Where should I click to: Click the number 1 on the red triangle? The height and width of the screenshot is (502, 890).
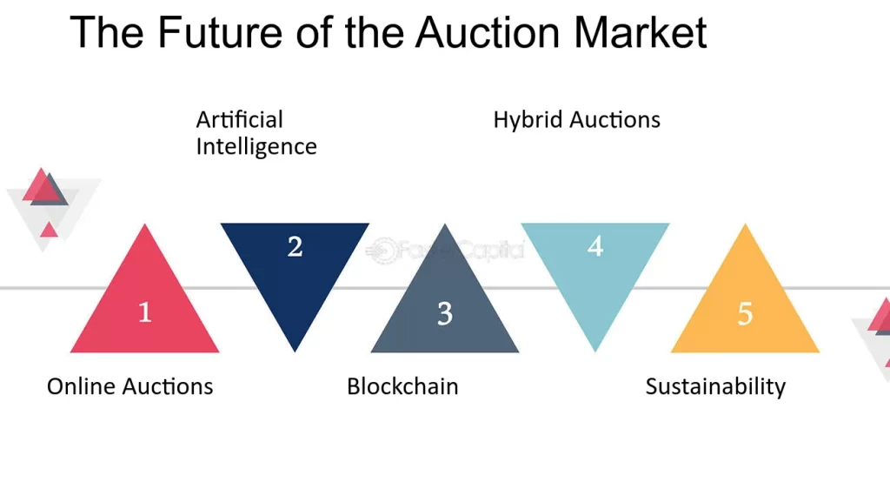click(145, 312)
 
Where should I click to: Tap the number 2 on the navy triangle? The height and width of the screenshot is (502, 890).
click(296, 246)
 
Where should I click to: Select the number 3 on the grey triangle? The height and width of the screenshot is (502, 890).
click(445, 313)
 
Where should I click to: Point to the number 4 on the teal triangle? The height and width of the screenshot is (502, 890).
click(594, 246)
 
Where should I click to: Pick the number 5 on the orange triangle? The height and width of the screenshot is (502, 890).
click(745, 313)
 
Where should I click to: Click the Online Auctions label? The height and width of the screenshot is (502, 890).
click(130, 386)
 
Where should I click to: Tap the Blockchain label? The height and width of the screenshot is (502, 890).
click(402, 386)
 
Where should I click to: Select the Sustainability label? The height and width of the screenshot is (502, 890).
click(716, 387)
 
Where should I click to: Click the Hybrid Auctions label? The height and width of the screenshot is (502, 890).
click(577, 120)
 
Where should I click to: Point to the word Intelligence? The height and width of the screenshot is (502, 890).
click(256, 147)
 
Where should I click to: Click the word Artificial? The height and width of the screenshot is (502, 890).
click(240, 120)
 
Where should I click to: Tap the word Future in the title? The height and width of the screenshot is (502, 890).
click(220, 32)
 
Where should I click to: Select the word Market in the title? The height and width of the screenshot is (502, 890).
click(641, 32)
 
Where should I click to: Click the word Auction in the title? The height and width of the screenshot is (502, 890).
click(488, 32)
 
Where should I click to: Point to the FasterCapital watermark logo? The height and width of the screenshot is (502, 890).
click(445, 250)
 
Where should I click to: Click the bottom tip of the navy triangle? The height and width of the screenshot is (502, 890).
click(295, 351)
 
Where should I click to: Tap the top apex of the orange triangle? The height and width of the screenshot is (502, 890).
click(745, 224)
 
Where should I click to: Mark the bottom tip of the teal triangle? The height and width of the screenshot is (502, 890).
click(594, 351)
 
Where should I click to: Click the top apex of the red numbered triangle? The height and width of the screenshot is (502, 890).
click(145, 224)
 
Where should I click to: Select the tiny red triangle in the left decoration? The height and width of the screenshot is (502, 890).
click(49, 230)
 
